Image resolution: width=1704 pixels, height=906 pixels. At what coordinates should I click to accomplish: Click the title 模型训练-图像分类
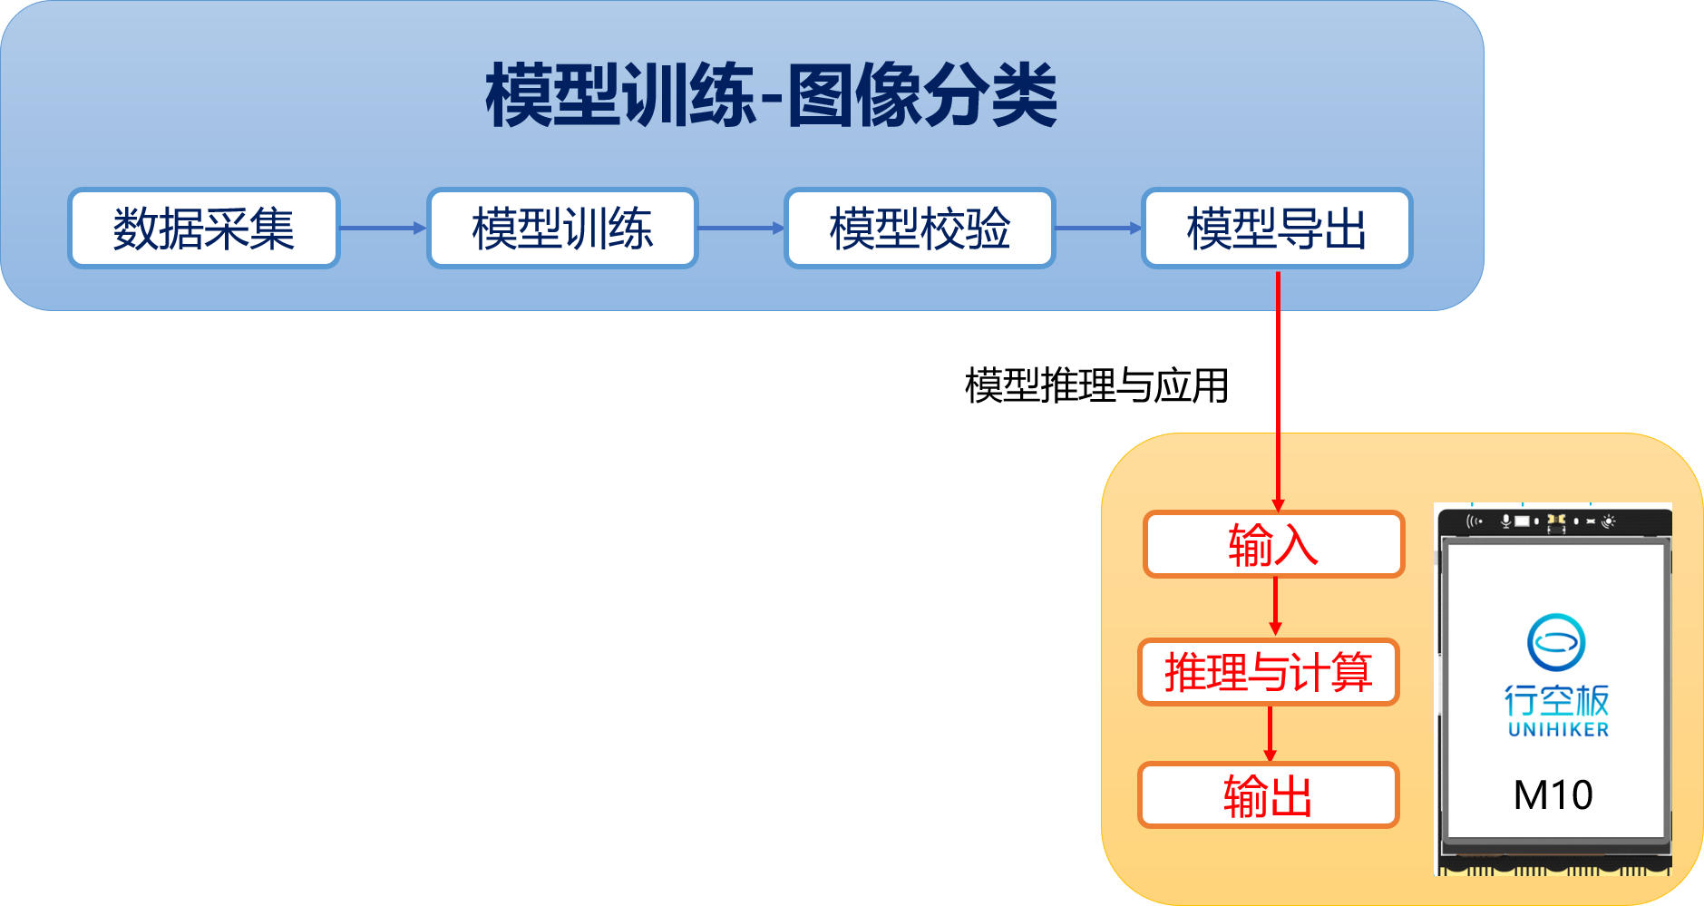coord(771,95)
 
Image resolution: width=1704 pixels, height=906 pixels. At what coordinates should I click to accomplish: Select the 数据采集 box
coord(203,229)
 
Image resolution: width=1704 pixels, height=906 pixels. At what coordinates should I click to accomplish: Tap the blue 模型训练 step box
coord(562,229)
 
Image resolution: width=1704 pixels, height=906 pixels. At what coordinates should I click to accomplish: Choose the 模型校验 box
coord(920,229)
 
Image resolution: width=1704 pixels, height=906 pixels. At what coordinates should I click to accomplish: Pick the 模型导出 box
coord(1277,229)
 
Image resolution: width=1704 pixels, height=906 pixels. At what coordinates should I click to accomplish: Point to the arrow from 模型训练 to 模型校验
coord(741,229)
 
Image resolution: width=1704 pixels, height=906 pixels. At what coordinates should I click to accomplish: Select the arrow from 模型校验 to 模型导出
coord(1098,229)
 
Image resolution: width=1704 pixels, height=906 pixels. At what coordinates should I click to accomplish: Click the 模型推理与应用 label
coord(1096,385)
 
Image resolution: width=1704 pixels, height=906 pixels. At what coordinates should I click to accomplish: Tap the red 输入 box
coord(1273,544)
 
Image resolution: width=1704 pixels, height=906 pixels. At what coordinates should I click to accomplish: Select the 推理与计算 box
coord(1268,672)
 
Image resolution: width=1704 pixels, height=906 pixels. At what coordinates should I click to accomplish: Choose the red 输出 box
coord(1268,795)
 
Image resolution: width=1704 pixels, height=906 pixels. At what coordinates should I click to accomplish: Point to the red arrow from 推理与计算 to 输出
coord(1270,734)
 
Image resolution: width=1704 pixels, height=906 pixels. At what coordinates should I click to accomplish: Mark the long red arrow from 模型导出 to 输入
coord(1278,390)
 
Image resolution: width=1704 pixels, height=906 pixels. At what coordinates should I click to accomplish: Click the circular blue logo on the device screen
coord(1556,642)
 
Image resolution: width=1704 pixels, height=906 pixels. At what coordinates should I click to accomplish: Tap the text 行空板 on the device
coord(1556,700)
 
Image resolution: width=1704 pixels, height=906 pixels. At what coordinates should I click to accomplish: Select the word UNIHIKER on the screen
coord(1558,730)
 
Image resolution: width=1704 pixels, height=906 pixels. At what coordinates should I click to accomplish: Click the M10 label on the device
coord(1553,795)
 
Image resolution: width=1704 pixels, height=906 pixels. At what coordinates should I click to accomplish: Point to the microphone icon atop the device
coord(1505,521)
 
